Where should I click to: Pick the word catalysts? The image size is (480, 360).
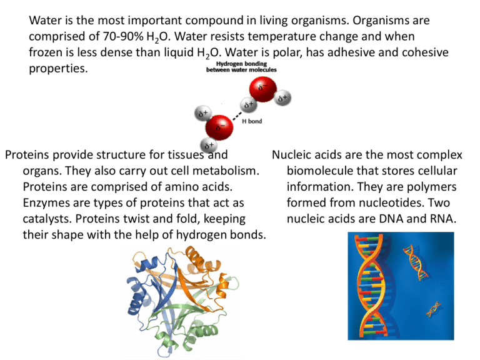coord(47,219)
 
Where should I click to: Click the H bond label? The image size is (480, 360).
coord(252,121)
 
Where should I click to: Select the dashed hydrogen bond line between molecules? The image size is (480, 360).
coord(237,116)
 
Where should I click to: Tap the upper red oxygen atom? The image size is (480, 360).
coord(262,89)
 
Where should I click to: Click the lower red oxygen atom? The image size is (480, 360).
coord(219,127)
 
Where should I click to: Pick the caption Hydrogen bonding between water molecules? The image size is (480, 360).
coord(241,67)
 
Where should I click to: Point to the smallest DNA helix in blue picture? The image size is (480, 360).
coord(433,309)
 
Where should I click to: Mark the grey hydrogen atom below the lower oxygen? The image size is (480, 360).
coord(209,146)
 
